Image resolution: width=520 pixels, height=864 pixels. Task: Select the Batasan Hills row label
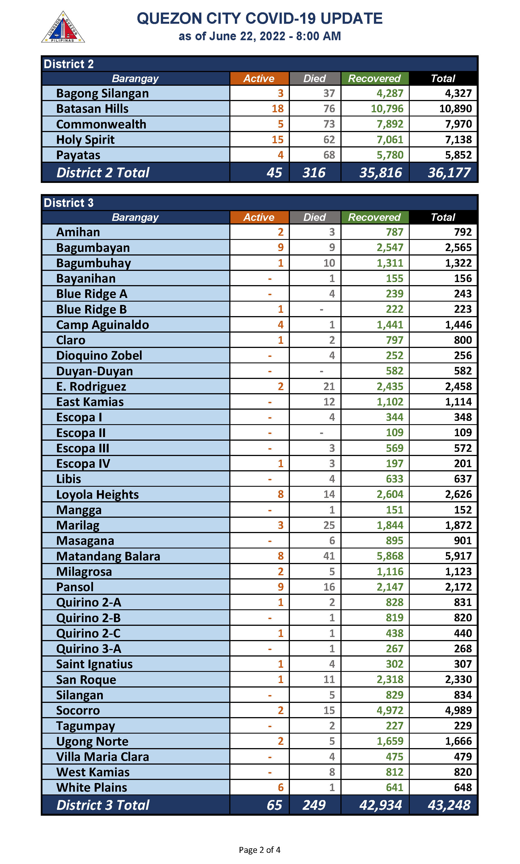pos(92,109)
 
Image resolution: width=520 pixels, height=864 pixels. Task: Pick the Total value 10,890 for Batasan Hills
pos(455,109)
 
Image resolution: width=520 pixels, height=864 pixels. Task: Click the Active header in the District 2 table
pos(259,78)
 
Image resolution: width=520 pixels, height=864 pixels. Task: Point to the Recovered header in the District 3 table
pos(374,217)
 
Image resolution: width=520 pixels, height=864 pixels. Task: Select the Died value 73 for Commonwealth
pos(329,124)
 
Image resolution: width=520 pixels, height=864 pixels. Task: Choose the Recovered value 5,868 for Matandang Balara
pos(390,556)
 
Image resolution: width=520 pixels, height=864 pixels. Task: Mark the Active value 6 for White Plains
pos(280,787)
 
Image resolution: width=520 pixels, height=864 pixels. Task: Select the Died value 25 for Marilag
pos(329,525)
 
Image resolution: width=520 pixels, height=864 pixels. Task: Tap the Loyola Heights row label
pos(97,494)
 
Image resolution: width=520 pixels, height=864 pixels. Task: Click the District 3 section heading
pos(69,203)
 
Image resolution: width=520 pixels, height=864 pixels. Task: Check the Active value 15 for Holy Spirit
pos(278,139)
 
